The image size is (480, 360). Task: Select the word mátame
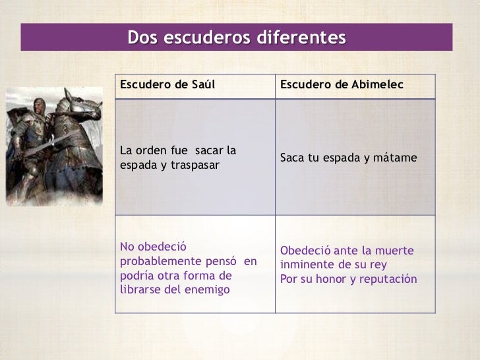click(398, 158)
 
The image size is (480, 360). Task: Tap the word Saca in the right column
click(293, 158)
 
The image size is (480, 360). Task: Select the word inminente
click(305, 266)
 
